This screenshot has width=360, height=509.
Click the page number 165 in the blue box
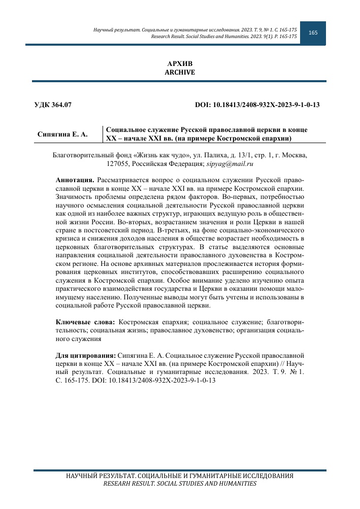click(x=313, y=32)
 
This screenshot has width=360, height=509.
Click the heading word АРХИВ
click(x=180, y=63)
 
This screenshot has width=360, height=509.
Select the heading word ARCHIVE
click(x=180, y=73)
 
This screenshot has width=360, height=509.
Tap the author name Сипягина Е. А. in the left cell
click(x=63, y=134)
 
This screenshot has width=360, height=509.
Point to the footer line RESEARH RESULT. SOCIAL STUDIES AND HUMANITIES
click(x=180, y=484)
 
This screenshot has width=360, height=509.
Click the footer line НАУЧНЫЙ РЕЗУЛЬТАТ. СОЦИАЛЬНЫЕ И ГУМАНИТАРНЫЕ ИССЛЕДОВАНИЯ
click(x=180, y=477)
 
